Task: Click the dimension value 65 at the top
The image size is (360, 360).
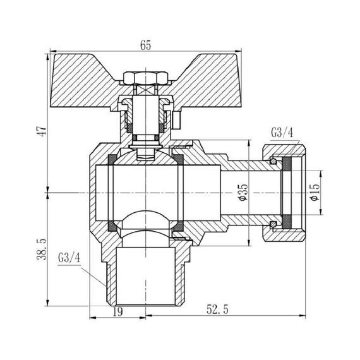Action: (146, 45)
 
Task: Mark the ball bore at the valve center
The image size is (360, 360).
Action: (146, 189)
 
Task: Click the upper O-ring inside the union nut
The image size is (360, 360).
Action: (272, 162)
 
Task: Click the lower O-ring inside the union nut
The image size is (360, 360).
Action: (272, 222)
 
